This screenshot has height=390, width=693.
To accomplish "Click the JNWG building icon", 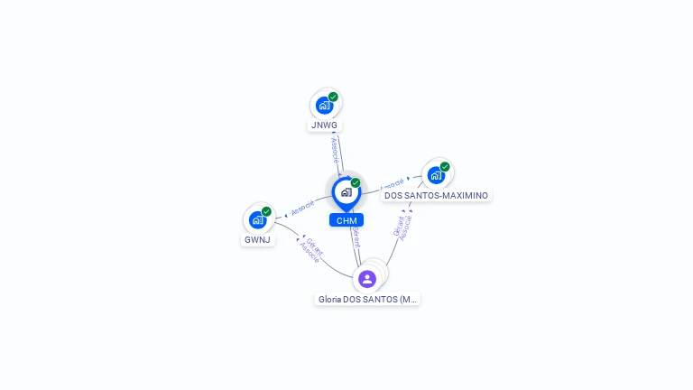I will tap(324, 106).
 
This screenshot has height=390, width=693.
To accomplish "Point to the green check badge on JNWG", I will tap(333, 97).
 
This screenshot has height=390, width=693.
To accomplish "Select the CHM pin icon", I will tap(346, 192).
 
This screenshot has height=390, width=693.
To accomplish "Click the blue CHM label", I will tap(346, 220).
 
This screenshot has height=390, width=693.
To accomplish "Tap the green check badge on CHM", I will tap(356, 183).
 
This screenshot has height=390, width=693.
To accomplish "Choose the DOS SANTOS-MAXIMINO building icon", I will tap(436, 175).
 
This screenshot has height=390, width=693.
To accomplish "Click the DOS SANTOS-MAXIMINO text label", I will tap(437, 195).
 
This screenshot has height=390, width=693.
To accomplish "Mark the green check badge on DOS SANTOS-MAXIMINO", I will tap(445, 166).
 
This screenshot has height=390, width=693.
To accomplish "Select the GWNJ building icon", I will tap(257, 219).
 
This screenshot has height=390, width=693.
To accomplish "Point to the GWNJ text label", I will tap(257, 240).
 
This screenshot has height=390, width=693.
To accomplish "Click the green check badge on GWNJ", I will tap(266, 211).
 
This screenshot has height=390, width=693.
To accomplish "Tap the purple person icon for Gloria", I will tap(367, 278).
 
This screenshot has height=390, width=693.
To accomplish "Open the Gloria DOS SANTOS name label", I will tap(368, 299).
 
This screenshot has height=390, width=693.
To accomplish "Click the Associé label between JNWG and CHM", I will tap(335, 150).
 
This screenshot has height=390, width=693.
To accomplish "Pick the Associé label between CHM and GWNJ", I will tap(302, 207).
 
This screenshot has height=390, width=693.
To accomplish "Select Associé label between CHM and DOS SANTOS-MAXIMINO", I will tap(393, 184).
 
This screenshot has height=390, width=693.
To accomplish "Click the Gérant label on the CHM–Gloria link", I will tap(356, 237).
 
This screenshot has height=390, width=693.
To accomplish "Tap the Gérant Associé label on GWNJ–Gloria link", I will tap(312, 250).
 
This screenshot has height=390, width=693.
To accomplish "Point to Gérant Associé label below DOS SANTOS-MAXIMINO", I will tap(402, 226).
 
